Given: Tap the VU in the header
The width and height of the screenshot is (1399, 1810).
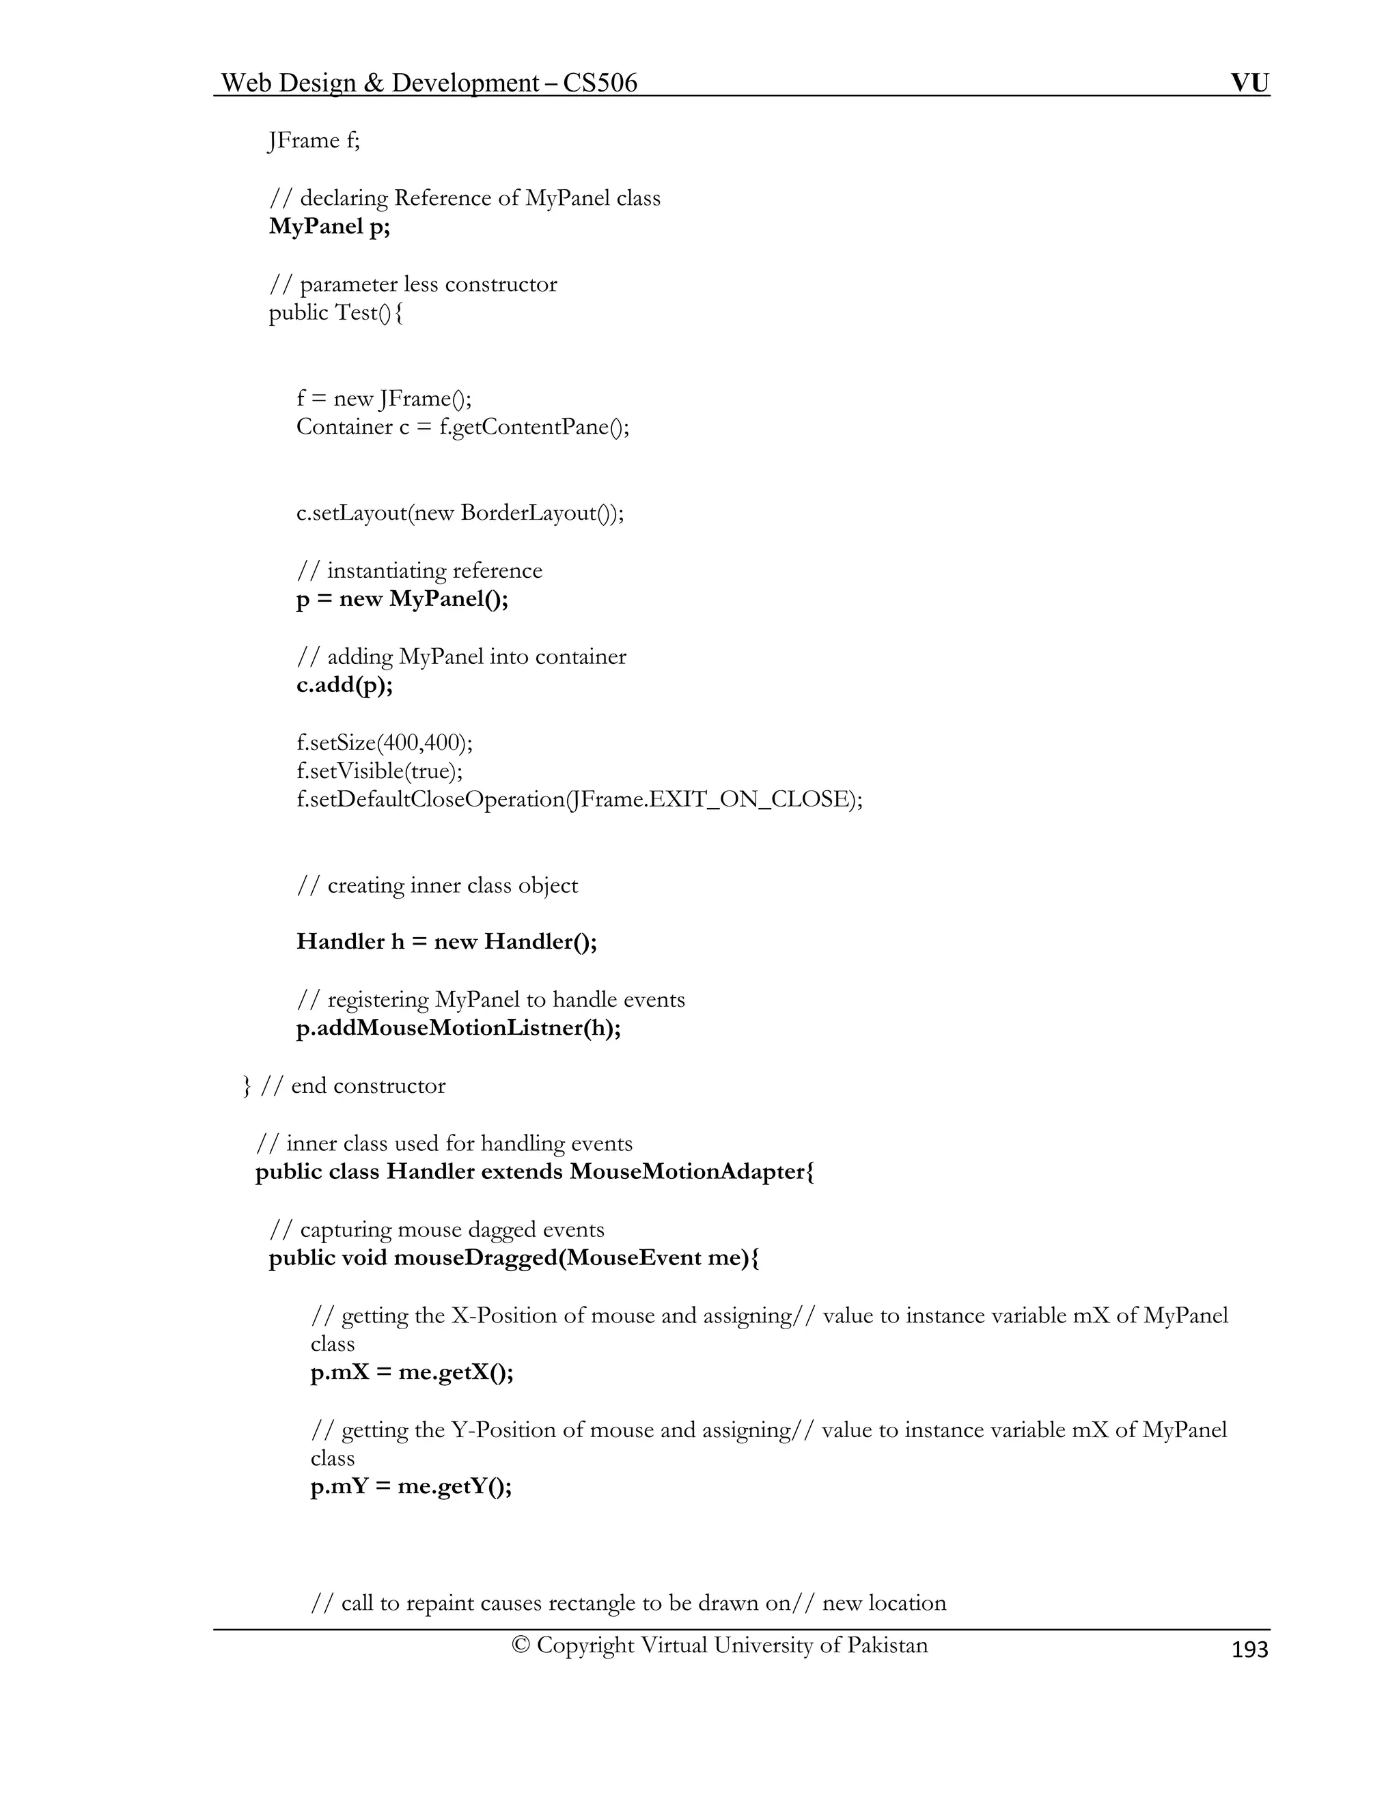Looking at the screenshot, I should pyautogui.click(x=1250, y=83).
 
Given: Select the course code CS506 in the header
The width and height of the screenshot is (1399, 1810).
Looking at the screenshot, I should pyautogui.click(x=600, y=83).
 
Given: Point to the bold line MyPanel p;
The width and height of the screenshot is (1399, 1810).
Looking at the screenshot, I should pyautogui.click(x=329, y=226).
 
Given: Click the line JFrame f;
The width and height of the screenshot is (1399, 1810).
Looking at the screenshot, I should pyautogui.click(x=314, y=141).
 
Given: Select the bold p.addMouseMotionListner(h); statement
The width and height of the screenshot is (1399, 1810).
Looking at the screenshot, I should pyautogui.click(x=458, y=1029).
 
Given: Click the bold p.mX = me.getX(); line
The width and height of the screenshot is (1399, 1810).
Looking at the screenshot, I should pyautogui.click(x=412, y=1372).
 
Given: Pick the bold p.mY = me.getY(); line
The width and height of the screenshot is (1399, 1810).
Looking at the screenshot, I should pyautogui.click(x=411, y=1487).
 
